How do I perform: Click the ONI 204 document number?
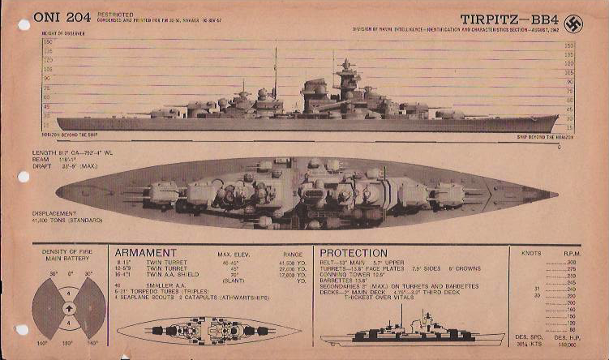[x=62, y=17]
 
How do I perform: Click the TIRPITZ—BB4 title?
[x=508, y=18]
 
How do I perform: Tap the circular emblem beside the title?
[x=573, y=23]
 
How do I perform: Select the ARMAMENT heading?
[x=146, y=253]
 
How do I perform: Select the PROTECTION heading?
[x=354, y=253]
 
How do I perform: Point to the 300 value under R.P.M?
[x=573, y=263]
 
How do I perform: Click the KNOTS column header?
[x=532, y=254]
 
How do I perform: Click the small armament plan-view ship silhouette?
[x=209, y=331]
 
